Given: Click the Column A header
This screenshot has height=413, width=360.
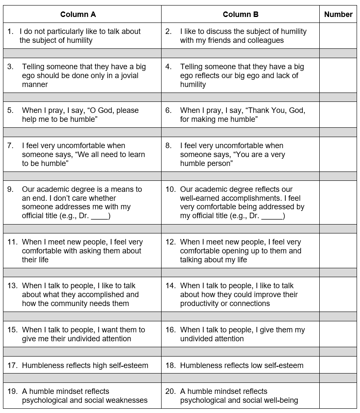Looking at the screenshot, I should pos(78,14).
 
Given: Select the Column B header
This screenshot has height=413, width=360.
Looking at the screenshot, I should pos(240,14).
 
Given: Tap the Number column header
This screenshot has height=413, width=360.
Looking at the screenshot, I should pos(338,14).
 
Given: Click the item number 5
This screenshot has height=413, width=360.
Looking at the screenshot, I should pos(10,110).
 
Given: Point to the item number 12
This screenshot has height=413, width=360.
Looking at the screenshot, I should pos(170,242).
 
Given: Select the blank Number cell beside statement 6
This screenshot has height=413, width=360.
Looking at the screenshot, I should pos(338,115).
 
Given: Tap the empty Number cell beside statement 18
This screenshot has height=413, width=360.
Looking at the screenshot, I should pos(338,365).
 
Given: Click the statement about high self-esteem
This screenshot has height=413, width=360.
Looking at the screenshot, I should pos(85,365).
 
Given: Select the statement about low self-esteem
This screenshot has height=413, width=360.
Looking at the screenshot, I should pos(242,365).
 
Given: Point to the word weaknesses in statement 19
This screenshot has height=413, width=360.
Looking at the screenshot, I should pos(127,400).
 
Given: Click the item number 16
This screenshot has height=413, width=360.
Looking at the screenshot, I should pos(170,330).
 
